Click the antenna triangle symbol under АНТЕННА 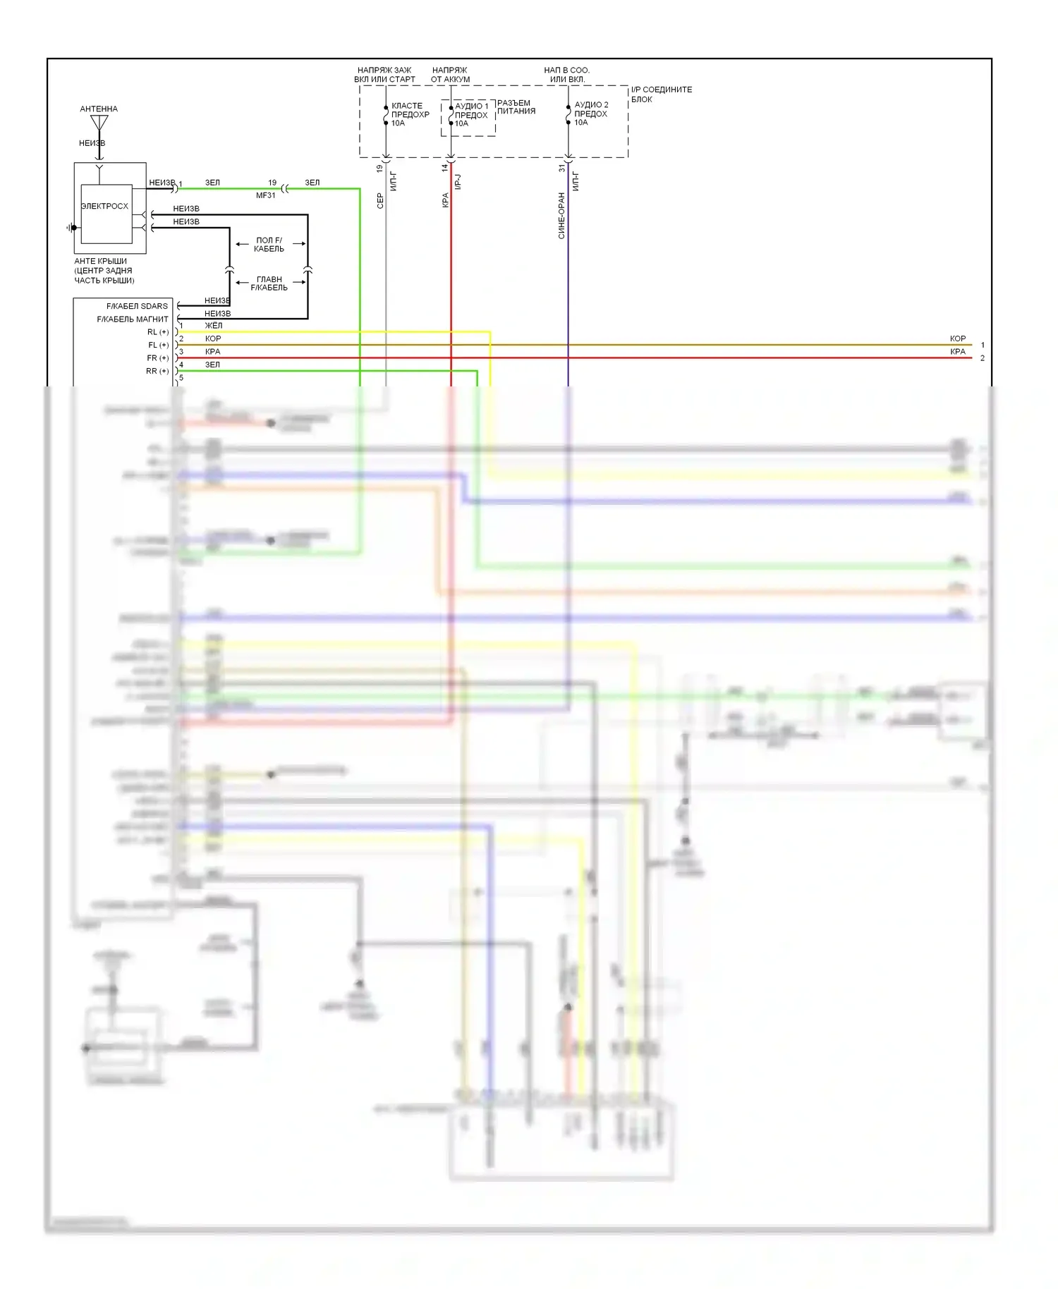click(99, 123)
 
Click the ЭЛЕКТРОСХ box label click(104, 206)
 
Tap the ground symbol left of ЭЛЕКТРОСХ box click(71, 228)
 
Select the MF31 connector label click(266, 195)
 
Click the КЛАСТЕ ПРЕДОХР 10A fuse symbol click(386, 114)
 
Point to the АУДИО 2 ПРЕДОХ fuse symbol click(568, 114)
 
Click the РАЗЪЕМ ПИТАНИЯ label click(516, 107)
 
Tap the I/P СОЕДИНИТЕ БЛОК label click(661, 94)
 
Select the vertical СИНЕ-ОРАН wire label click(561, 216)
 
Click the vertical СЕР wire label click(380, 201)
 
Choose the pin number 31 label click(562, 169)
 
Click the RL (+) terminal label click(158, 332)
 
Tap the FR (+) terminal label click(158, 358)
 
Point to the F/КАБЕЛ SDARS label click(137, 306)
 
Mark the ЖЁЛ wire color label click(213, 326)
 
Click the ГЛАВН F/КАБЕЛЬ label click(269, 283)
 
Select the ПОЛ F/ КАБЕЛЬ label click(269, 245)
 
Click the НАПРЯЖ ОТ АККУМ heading click(450, 75)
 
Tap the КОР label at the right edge click(958, 338)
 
